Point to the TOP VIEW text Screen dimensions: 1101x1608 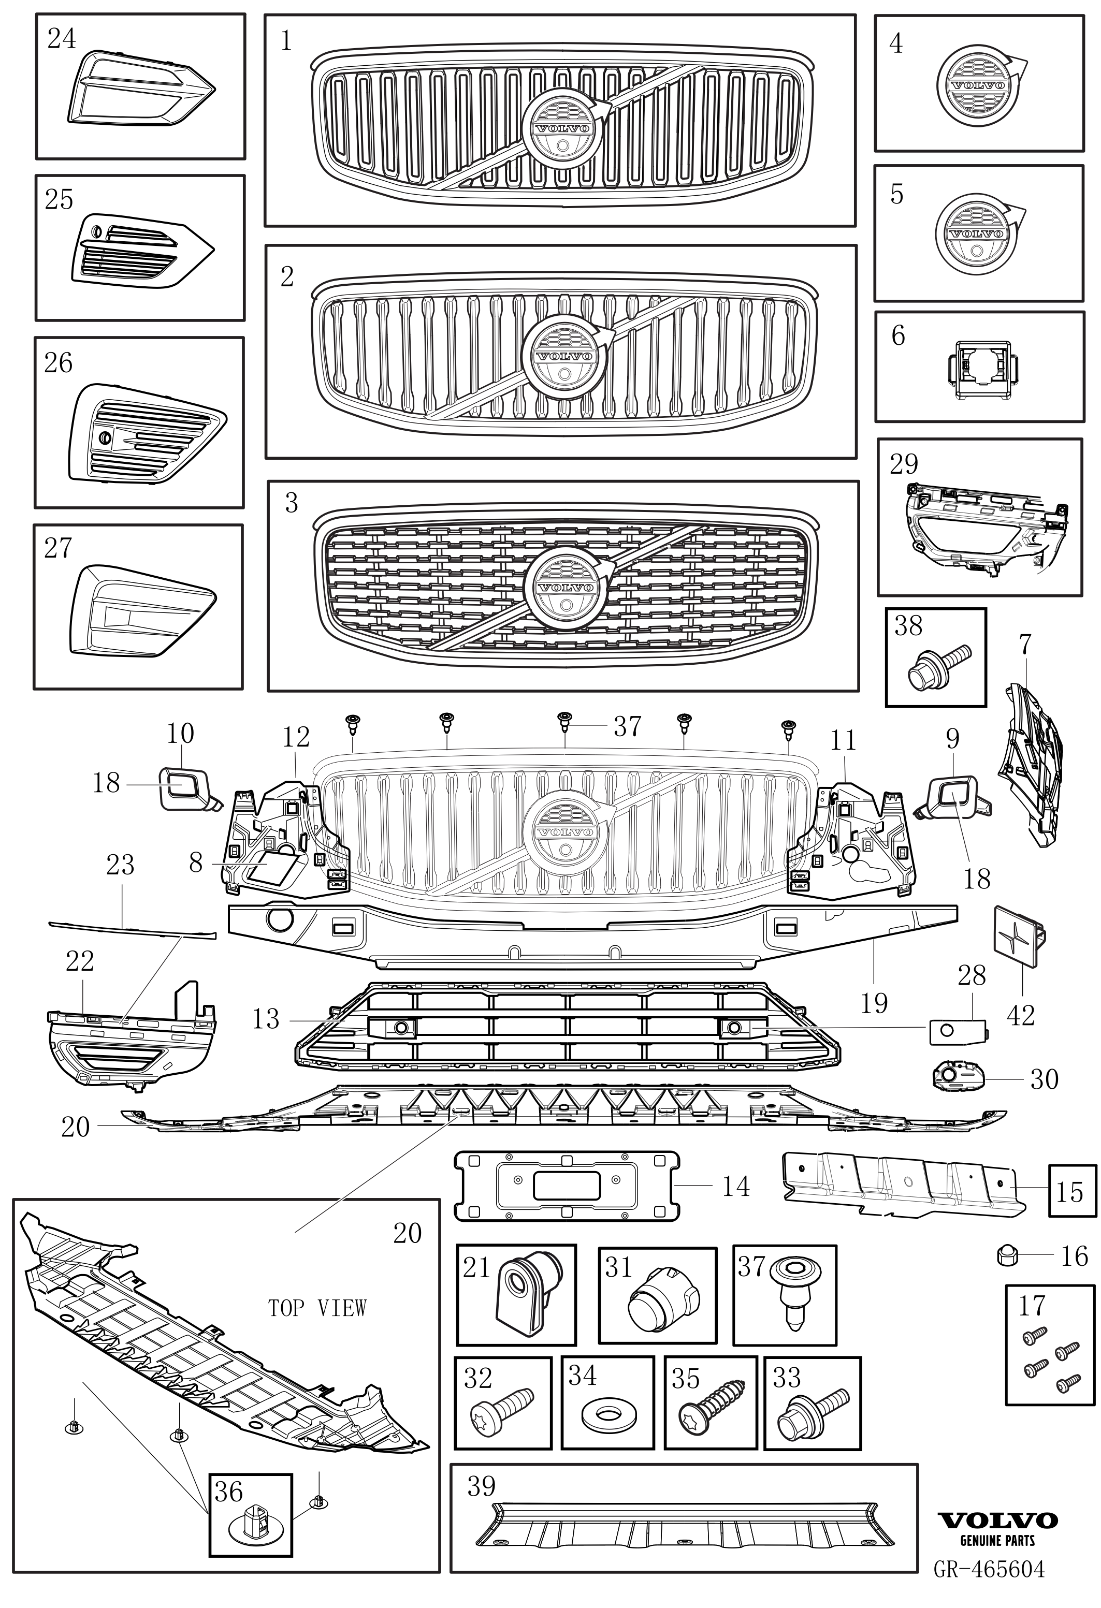click(x=317, y=1308)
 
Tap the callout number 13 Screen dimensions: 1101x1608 click(x=265, y=1018)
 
